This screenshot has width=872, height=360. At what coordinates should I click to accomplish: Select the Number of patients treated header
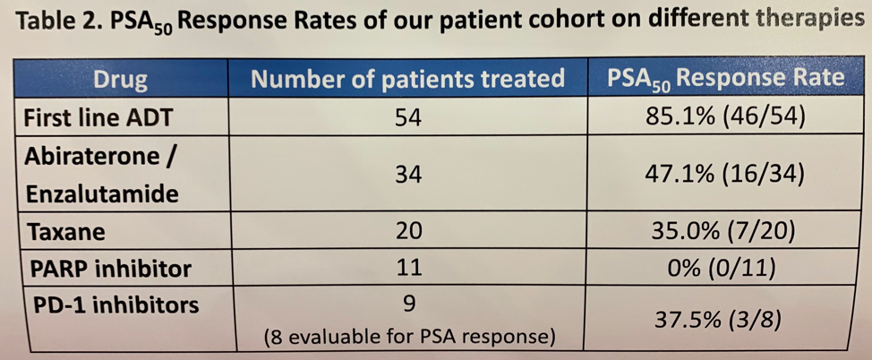408,79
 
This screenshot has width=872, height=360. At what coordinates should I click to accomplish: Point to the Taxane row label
66,232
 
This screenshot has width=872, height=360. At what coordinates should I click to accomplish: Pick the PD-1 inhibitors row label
112,304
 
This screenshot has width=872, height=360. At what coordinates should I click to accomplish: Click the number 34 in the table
408,176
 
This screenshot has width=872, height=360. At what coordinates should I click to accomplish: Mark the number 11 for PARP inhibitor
408,269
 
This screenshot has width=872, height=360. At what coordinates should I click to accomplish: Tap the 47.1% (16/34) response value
727,175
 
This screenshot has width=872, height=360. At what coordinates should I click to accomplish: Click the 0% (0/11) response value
727,269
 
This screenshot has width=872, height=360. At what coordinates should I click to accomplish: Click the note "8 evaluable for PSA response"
409,338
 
